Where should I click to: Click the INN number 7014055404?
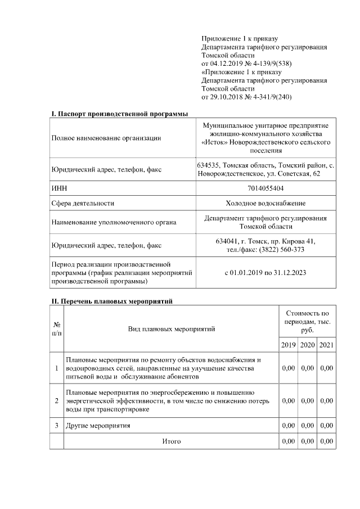[x=265, y=188]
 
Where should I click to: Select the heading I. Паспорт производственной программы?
[x=120, y=114]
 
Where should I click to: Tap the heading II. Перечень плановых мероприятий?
[x=112, y=301]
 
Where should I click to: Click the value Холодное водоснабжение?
[x=265, y=203]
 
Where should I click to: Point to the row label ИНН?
[x=58, y=188]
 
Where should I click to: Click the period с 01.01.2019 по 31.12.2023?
[x=265, y=272]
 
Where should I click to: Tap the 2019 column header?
[x=288, y=344]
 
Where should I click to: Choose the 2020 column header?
[x=307, y=344]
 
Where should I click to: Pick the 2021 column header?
[x=326, y=344]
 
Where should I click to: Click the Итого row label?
[x=171, y=442]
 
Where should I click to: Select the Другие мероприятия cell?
[x=98, y=426]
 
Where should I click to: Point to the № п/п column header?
[x=57, y=328]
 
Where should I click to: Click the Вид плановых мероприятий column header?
[x=171, y=328]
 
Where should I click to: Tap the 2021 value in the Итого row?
[x=326, y=442]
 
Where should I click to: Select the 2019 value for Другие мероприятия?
[x=288, y=426]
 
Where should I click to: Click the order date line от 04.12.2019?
[x=246, y=64]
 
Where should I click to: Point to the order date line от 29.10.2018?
[x=246, y=97]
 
